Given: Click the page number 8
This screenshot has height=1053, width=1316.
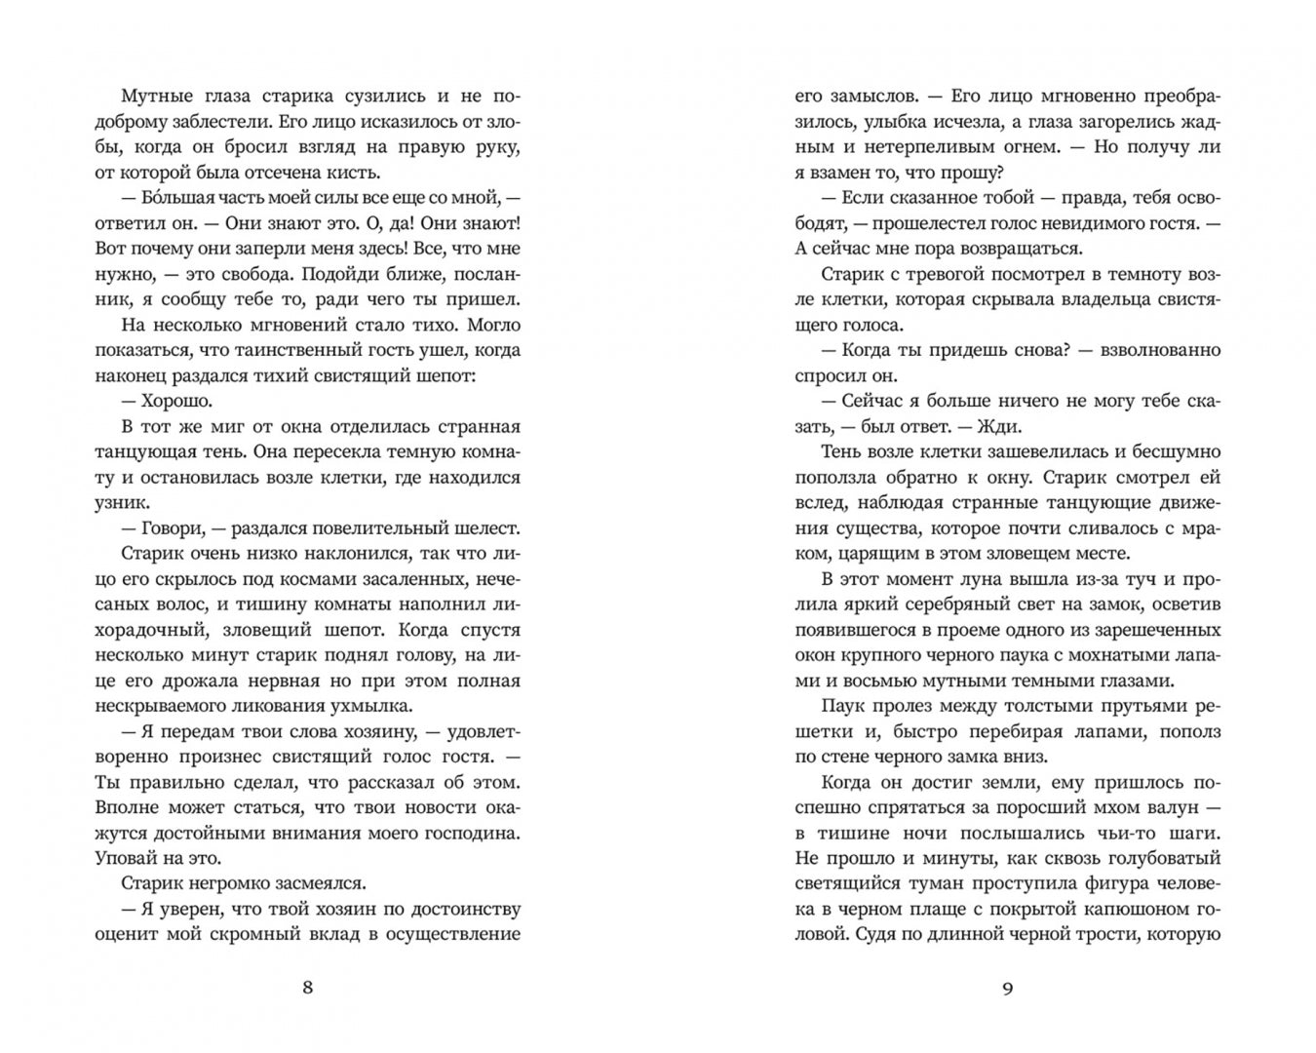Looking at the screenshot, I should [x=308, y=987].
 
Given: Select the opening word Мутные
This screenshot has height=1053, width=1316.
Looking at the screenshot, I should [x=156, y=96].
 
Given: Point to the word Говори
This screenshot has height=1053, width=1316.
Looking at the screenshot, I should [x=171, y=527].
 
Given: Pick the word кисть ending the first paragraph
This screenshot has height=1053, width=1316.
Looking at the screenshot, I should [x=349, y=172].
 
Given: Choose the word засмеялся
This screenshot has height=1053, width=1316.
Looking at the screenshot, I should [x=313, y=883].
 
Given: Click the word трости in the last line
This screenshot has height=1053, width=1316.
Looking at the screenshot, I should [x=1119, y=934].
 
